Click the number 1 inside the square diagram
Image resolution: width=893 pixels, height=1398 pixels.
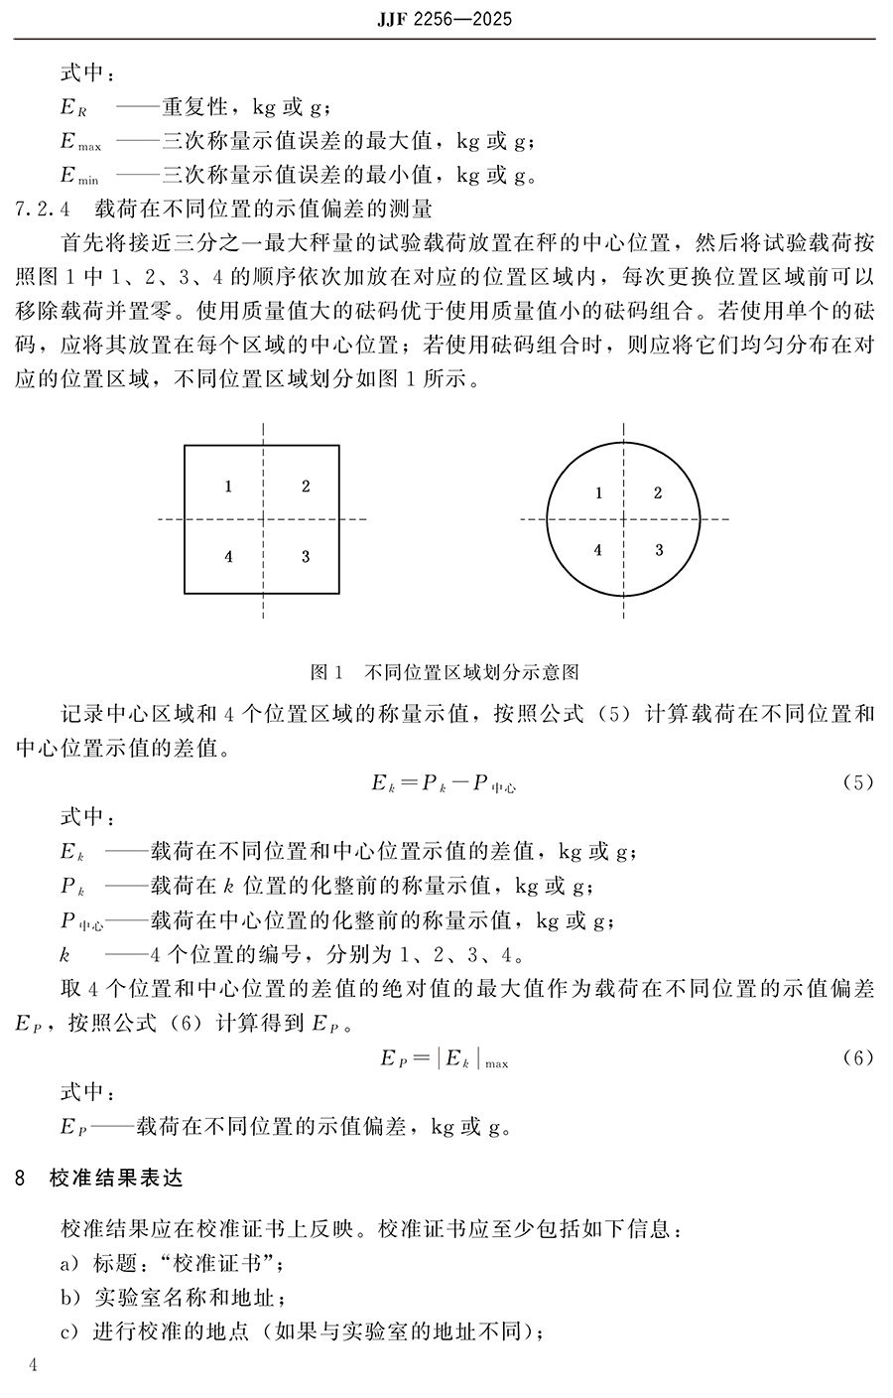(x=228, y=487)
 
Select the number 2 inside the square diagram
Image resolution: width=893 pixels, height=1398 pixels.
(x=306, y=487)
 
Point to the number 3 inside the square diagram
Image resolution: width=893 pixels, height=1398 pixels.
(x=306, y=557)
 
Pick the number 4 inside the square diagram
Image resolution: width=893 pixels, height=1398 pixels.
(x=228, y=557)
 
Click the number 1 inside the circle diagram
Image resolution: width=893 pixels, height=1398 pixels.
(x=597, y=493)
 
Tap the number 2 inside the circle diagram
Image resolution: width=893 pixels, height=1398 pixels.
(x=658, y=493)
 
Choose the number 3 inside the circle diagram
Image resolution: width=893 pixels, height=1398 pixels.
(x=658, y=550)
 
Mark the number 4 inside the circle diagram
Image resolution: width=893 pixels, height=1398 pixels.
(x=597, y=550)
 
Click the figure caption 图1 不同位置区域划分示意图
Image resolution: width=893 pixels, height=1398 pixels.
(x=445, y=672)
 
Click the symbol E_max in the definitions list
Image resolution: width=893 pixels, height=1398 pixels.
(x=79, y=141)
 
